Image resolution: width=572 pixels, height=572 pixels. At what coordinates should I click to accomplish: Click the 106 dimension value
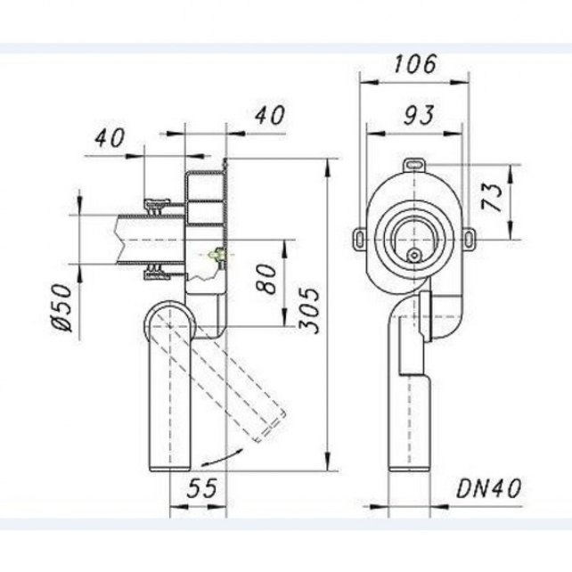415,64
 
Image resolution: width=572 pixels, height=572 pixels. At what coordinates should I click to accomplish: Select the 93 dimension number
419,115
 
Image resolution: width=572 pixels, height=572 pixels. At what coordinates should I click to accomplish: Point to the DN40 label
489,488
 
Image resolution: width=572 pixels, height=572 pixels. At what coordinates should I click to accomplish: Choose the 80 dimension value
266,279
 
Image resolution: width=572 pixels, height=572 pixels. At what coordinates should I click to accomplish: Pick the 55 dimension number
202,487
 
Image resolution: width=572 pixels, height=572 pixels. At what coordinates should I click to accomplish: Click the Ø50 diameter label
61,307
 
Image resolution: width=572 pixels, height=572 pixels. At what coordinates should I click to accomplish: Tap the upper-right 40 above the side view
270,115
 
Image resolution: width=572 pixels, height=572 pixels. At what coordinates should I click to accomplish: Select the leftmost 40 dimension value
110,138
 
